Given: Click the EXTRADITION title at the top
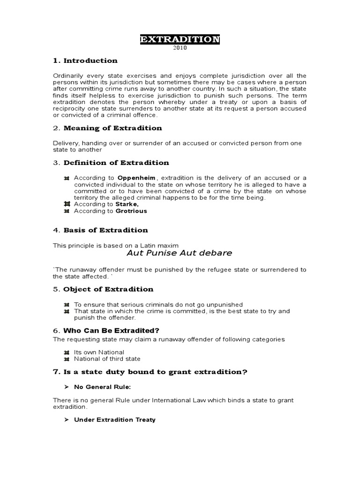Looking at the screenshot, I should pos(180,40).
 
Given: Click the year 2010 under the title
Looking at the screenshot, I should pos(180,49).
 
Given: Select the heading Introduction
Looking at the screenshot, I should pos(90,60).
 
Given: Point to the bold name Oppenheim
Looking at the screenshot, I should pos(137,178).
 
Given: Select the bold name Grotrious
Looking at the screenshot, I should pos(132,211).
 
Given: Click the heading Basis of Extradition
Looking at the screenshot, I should pos(105,230).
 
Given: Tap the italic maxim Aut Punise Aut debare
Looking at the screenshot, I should pos(180,253).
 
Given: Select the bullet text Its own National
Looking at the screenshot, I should pos(99,352).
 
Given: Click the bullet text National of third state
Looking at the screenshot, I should pos(107,359).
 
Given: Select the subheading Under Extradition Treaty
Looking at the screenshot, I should pos(115,420).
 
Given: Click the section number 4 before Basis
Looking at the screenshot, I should pos(55,230).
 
